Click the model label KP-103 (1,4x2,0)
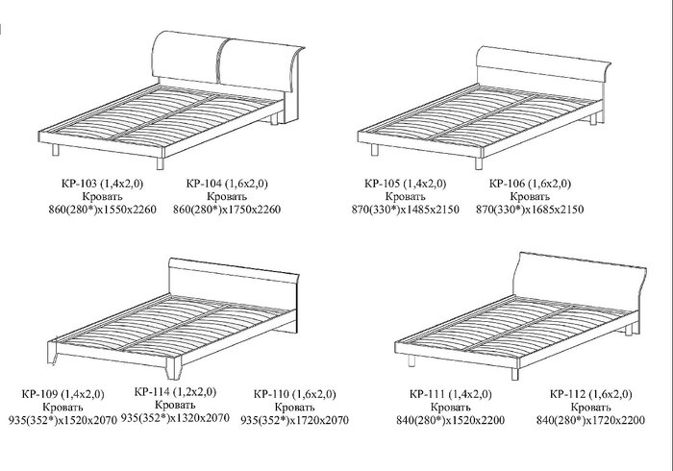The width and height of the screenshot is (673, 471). click(102, 184)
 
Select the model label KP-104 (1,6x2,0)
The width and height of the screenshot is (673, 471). click(227, 184)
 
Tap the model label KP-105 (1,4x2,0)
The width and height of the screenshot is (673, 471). click(405, 184)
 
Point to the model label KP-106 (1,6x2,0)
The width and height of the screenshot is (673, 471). click(530, 184)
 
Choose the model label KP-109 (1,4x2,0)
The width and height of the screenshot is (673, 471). click(62, 394)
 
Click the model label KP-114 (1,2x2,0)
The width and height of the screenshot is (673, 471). click(175, 391)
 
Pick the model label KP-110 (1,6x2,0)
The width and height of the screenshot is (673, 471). click(294, 394)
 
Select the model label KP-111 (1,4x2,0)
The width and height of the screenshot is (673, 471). click(451, 394)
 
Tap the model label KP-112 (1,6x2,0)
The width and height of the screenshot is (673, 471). click(590, 394)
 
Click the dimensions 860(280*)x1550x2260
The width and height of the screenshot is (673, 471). click(102, 210)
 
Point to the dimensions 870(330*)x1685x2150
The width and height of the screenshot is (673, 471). click(530, 210)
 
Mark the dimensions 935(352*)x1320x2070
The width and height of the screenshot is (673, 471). click(175, 417)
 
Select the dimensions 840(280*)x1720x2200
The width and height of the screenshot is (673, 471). click(590, 420)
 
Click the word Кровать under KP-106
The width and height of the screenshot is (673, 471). click(530, 196)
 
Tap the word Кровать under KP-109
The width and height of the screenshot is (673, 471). click(62, 407)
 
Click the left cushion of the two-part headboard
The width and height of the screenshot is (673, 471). click(186, 56)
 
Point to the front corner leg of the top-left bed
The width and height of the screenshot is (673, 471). click(161, 163)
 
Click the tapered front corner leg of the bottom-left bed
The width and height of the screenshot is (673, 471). click(173, 368)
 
